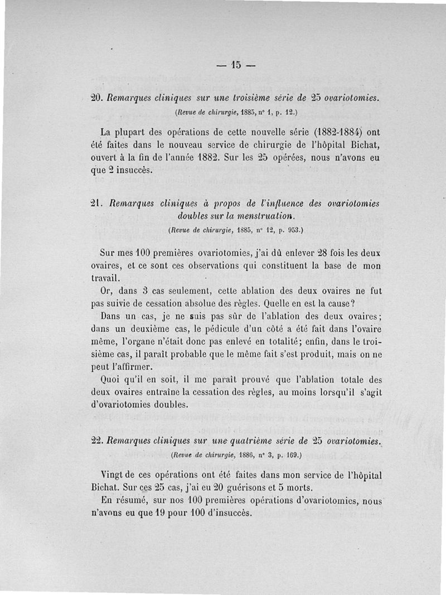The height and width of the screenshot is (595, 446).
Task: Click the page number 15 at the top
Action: (x=235, y=65)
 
